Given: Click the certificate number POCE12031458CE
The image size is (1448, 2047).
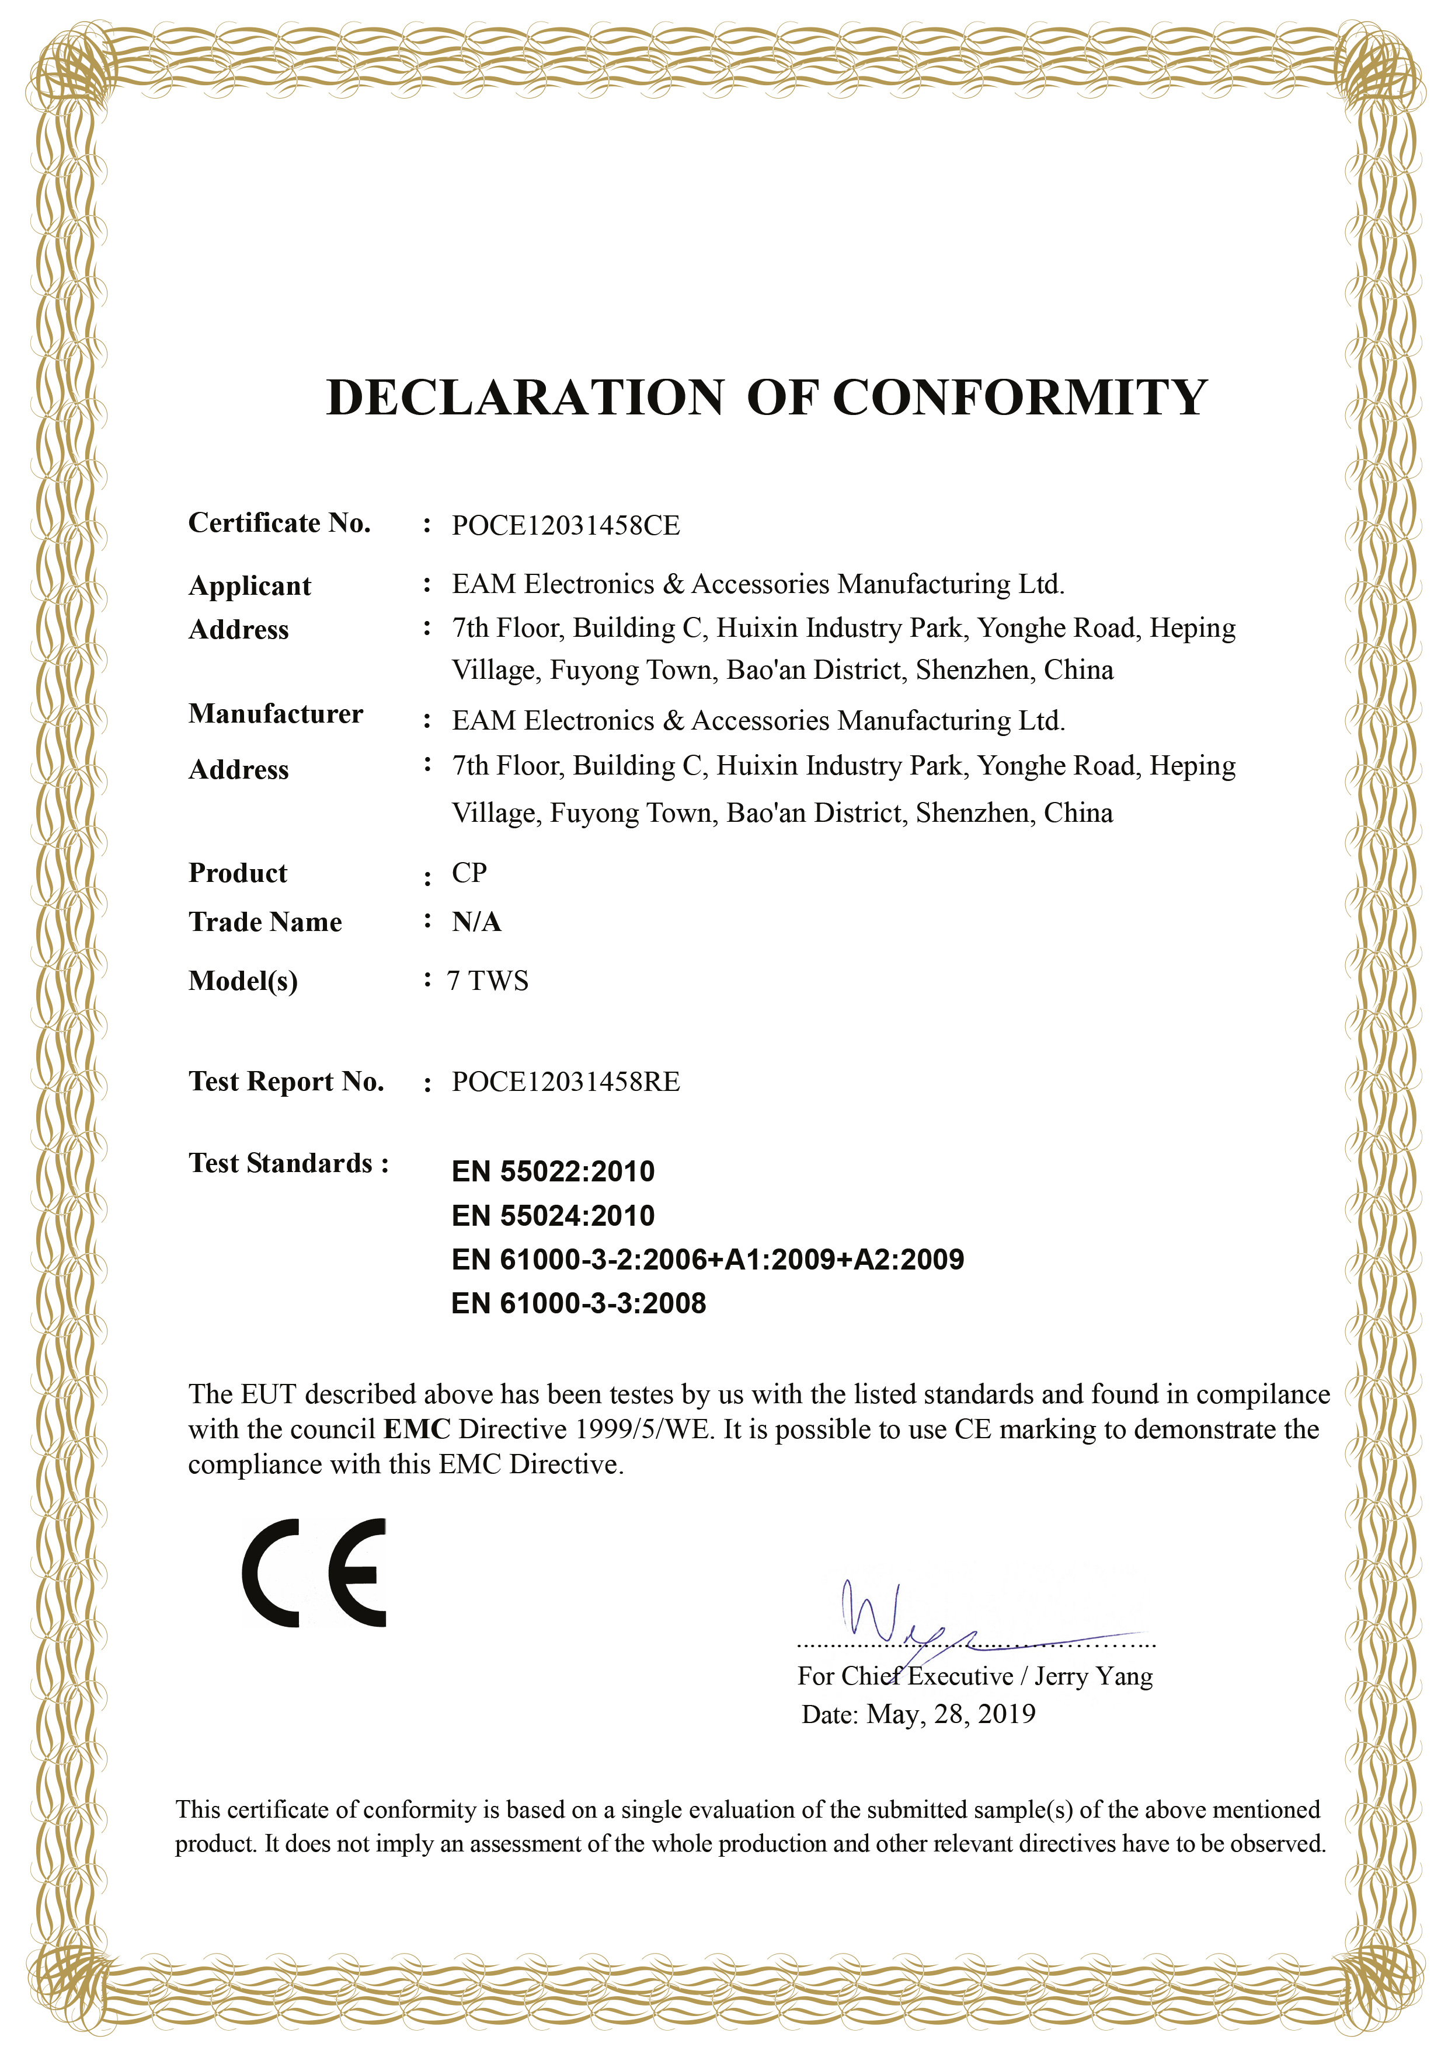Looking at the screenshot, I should coord(565,525).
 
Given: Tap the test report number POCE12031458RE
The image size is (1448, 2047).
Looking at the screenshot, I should coord(565,1082).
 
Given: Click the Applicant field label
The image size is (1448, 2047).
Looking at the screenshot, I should coord(250,586).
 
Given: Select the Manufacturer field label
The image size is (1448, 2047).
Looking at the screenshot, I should coord(276,713).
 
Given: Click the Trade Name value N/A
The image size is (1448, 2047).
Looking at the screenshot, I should coord(476,922).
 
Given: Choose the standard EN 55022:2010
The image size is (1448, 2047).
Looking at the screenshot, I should coord(553,1171).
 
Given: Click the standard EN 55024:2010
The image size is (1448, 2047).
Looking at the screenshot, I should coord(553,1215).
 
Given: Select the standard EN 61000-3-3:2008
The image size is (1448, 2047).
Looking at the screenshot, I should coord(579,1303).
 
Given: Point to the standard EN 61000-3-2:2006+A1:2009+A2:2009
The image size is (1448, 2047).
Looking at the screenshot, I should coord(707,1259).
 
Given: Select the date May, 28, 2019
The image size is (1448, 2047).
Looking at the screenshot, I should coord(951,1714).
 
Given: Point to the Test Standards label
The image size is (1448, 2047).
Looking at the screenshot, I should coord(288,1163).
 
